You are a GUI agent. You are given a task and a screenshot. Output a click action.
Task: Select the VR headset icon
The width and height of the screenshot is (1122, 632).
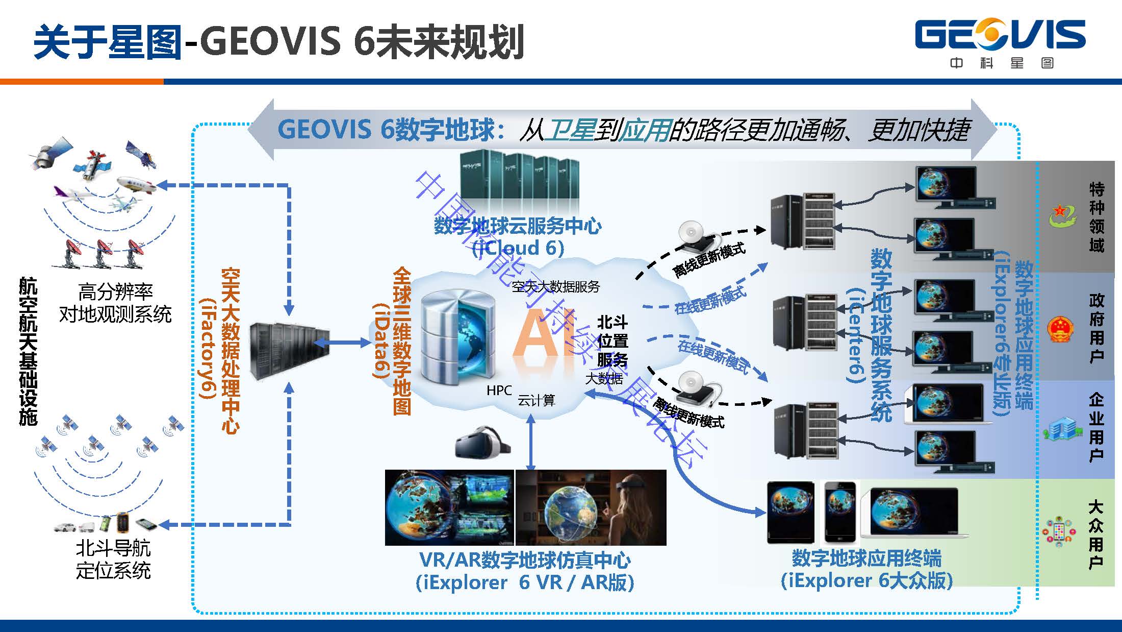(x=482, y=442)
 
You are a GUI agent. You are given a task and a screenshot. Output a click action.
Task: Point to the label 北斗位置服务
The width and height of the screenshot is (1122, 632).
(x=612, y=341)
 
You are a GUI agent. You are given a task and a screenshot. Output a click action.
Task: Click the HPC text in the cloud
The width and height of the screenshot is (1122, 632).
(x=498, y=391)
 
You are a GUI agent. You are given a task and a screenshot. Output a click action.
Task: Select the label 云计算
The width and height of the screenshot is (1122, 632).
(x=537, y=400)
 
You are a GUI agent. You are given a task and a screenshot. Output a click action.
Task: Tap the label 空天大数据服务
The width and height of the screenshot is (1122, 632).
(x=555, y=287)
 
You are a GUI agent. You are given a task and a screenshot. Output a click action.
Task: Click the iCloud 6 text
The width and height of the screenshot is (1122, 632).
(x=518, y=248)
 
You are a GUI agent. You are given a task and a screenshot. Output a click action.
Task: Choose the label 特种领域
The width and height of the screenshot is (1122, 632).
(x=1096, y=217)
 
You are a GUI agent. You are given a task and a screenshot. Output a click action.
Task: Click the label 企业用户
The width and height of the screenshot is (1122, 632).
(x=1096, y=427)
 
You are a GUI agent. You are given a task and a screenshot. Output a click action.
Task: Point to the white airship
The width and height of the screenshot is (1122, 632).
(x=136, y=185)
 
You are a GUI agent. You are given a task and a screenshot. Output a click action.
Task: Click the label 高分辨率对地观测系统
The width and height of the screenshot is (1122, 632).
(x=115, y=303)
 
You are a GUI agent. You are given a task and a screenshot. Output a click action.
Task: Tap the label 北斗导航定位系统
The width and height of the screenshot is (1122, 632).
(x=113, y=560)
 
